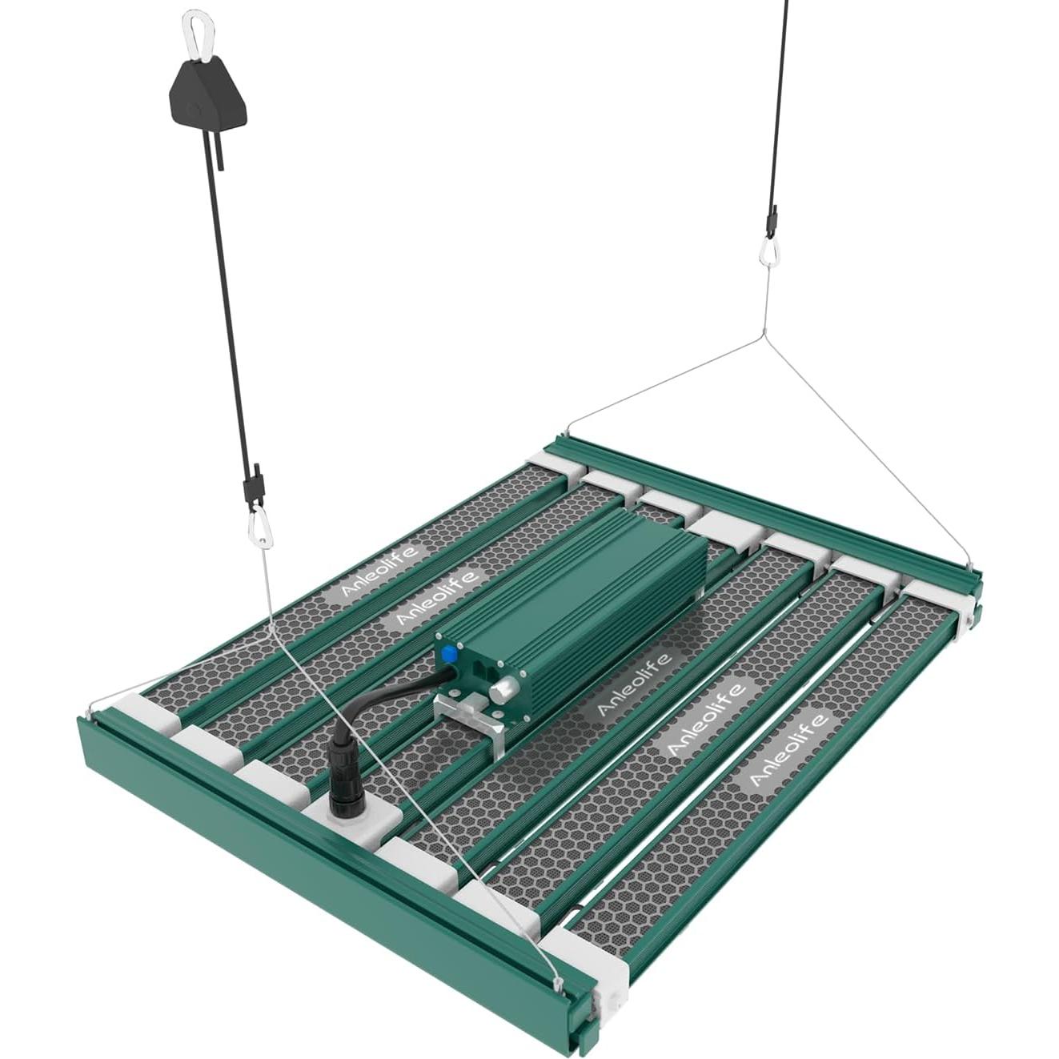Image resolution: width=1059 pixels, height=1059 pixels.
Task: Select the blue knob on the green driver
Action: (448, 653)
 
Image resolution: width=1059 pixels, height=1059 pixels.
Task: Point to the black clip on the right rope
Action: (772, 219)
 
